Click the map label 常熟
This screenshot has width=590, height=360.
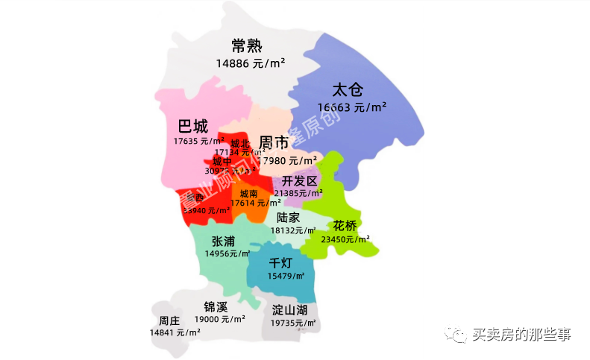246,45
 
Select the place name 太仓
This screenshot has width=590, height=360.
347,90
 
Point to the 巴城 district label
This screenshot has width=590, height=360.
192,125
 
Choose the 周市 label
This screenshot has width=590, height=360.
274,142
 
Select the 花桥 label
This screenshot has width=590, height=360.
346,225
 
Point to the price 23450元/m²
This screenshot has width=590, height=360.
345,239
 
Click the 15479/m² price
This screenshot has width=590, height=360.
286,276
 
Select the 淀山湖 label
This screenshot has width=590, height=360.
289,309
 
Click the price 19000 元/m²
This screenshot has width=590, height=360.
220,319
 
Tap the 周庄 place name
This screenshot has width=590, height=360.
169,320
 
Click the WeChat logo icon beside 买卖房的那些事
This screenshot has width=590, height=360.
456,335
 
